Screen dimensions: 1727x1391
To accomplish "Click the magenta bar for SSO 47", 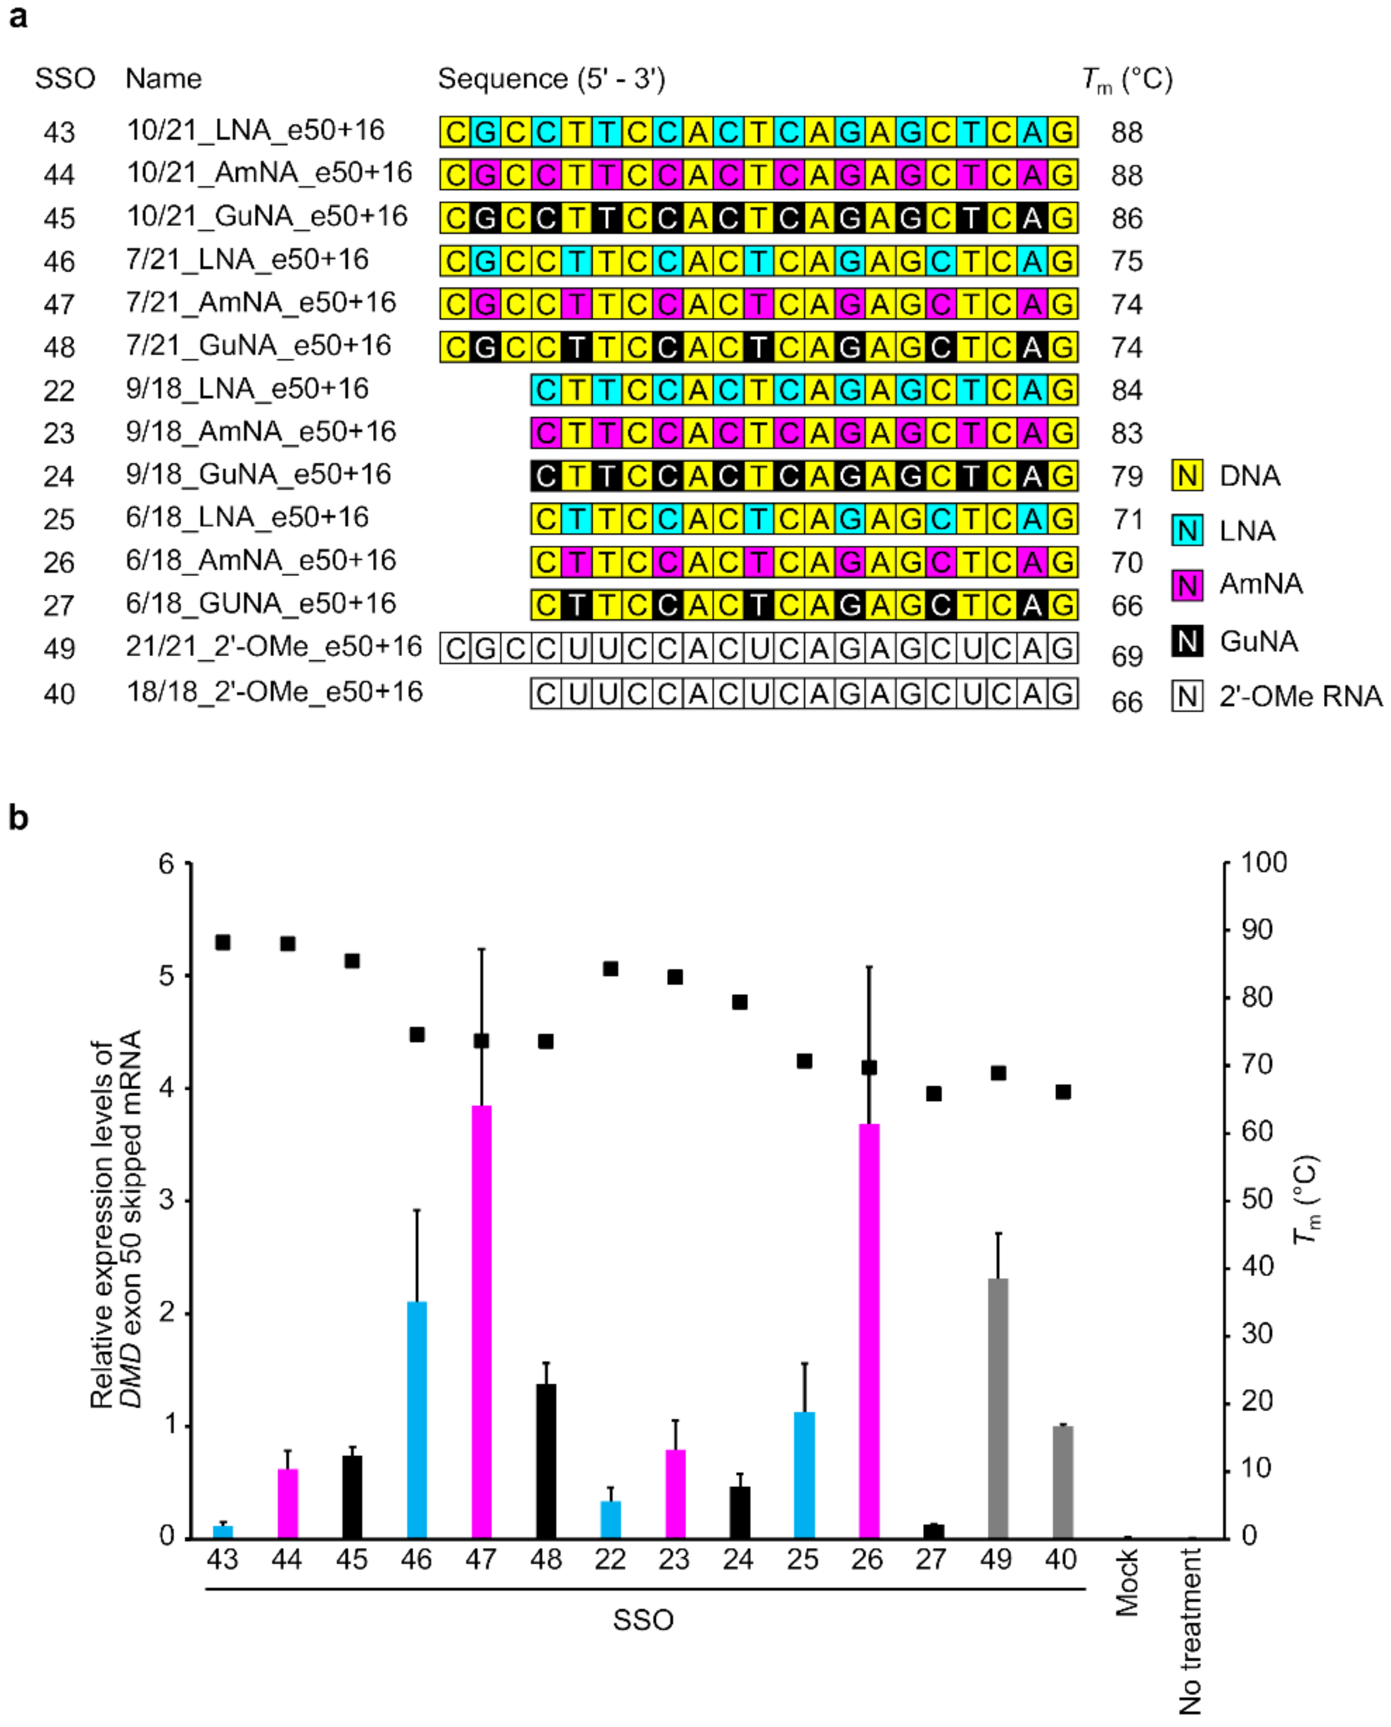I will coord(481,1322).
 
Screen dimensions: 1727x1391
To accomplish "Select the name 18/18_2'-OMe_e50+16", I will coord(274,692).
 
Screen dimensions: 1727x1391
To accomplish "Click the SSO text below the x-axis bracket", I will coord(643,1620).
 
